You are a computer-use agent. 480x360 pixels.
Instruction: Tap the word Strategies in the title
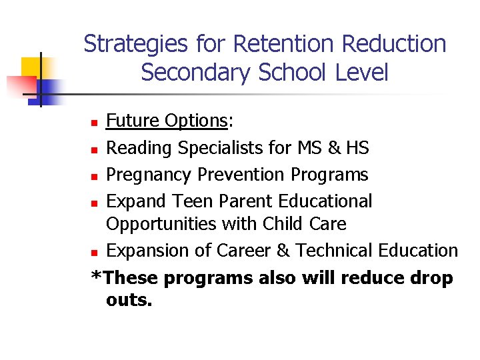pyautogui.click(x=137, y=44)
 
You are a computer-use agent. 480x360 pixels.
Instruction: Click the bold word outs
pyautogui.click(x=129, y=301)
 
